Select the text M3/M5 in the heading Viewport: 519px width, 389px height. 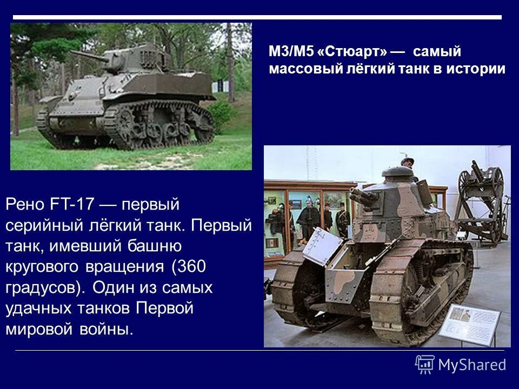291,52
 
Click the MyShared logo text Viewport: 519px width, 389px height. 472,365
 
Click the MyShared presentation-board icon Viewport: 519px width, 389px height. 425,365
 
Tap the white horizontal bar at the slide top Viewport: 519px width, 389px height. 257,17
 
